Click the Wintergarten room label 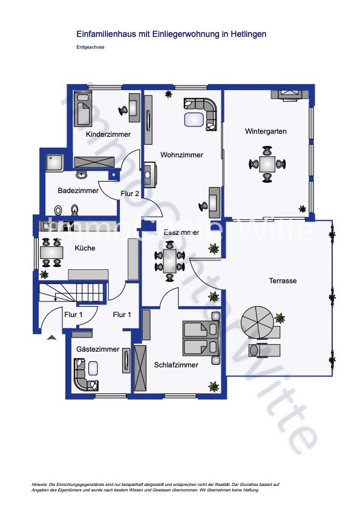(266, 131)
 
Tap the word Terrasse (283, 281)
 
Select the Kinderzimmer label (108, 134)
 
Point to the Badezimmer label (78, 191)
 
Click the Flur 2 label (130, 194)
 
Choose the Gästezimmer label (97, 349)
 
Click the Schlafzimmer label (176, 365)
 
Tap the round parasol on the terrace (257, 323)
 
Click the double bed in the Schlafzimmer (201, 338)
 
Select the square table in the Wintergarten (267, 164)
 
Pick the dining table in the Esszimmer (169, 261)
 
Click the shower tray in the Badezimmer (55, 163)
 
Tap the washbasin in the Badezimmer (82, 175)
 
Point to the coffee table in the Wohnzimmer (194, 119)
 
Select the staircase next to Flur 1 (71, 293)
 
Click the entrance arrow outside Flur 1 (51, 338)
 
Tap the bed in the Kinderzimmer (83, 108)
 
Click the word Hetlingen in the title (248, 34)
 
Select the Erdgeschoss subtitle (90, 47)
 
